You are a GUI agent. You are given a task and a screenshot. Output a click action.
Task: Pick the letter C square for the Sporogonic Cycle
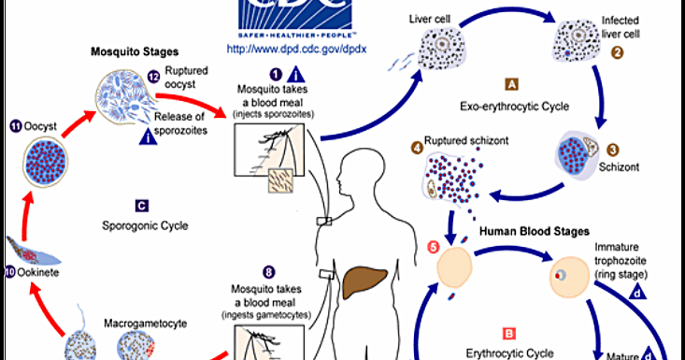coord(140,205)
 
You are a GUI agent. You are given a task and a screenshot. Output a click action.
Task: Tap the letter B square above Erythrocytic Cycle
coord(508,332)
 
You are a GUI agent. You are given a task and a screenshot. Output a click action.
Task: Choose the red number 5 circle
coord(431,247)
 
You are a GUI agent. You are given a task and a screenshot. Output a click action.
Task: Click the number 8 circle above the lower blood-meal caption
coord(268,272)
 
